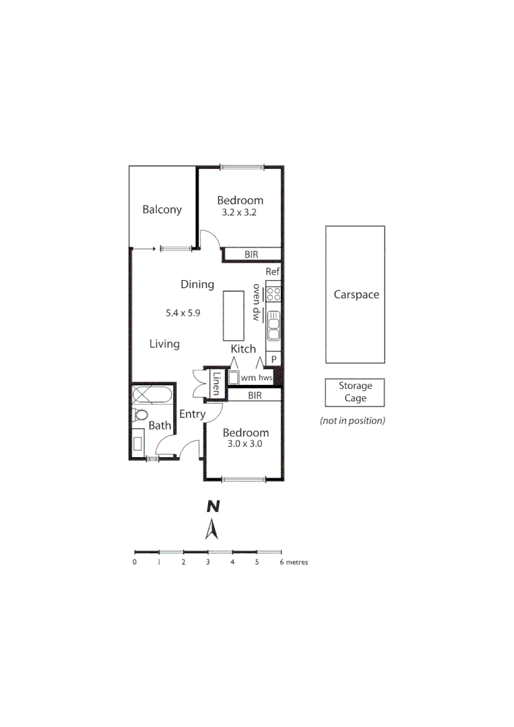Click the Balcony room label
[x=162, y=209]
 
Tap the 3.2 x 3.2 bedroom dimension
[x=240, y=212]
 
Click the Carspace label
[x=356, y=295]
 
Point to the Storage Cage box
[x=355, y=392]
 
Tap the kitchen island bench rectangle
[x=234, y=316]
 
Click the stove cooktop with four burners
[x=274, y=293]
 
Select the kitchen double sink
[x=274, y=328]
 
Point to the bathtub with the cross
[x=153, y=394]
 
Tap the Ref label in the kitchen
[x=272, y=272]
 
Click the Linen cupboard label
[x=216, y=384]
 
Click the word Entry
[x=192, y=415]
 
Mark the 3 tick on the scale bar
[x=208, y=551]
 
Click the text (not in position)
[x=352, y=421]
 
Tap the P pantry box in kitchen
[x=274, y=360]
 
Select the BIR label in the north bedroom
[x=251, y=254]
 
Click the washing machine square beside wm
[x=234, y=378]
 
